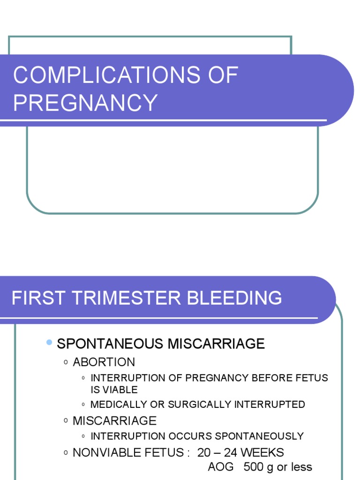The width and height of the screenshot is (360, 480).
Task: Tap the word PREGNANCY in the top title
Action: click(x=85, y=103)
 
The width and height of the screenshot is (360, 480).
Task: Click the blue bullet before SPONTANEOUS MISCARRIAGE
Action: click(x=49, y=343)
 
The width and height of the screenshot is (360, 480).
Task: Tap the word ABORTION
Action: click(x=104, y=362)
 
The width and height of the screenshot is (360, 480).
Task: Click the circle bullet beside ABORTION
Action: click(x=66, y=362)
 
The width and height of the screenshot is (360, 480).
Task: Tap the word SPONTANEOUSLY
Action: click(x=259, y=436)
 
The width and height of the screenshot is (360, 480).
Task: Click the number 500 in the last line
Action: click(x=254, y=467)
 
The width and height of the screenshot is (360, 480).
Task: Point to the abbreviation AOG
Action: click(x=221, y=467)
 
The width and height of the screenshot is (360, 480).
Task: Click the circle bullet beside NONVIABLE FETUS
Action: click(x=66, y=453)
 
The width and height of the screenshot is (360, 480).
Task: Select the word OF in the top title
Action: click(x=223, y=75)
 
